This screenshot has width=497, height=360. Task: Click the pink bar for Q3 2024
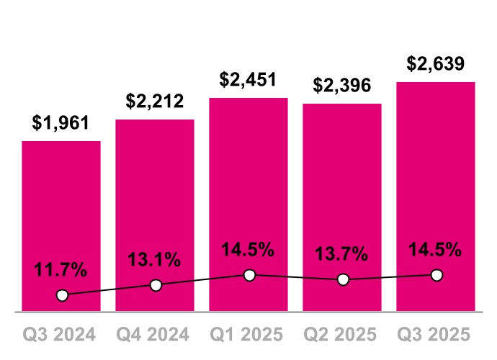(x=61, y=216)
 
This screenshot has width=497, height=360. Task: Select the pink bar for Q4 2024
(x=155, y=202)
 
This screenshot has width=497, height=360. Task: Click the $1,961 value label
(x=61, y=123)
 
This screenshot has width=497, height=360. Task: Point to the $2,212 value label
(x=155, y=102)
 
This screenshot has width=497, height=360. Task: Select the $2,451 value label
(x=248, y=80)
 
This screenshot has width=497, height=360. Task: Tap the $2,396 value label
(x=342, y=86)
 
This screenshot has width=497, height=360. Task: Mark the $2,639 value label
(x=436, y=63)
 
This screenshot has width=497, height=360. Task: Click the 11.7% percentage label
(x=61, y=271)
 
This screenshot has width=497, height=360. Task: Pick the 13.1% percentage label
(x=155, y=261)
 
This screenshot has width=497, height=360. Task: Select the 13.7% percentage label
(x=342, y=254)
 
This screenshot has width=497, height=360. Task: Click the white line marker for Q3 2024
(x=62, y=295)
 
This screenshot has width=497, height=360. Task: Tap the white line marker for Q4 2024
(x=156, y=285)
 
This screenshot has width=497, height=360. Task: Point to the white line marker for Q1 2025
(x=249, y=275)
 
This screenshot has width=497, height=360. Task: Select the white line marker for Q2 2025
(x=343, y=279)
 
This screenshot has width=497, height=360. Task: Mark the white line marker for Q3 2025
(x=436, y=275)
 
